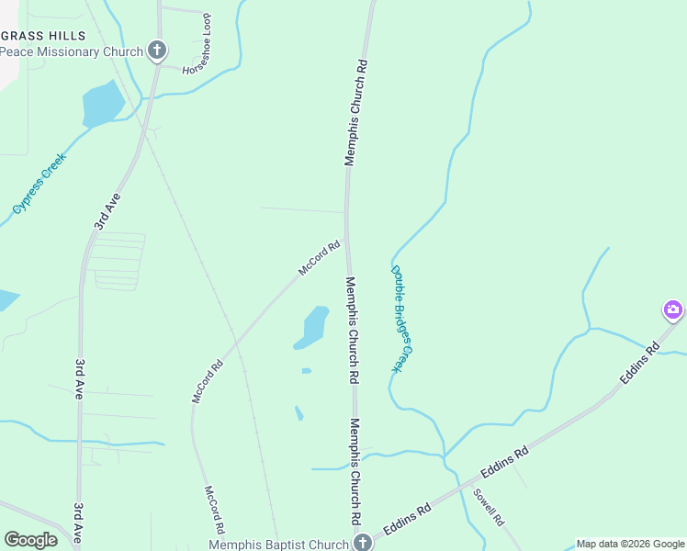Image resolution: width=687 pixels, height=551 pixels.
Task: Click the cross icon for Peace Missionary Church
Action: (x=157, y=50)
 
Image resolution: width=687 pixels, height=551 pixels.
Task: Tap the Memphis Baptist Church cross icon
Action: (x=363, y=542)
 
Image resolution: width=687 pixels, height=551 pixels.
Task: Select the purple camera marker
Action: (x=673, y=309)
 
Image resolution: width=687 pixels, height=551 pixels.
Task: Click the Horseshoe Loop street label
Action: (x=201, y=44)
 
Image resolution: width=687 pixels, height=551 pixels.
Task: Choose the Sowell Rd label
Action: (x=489, y=506)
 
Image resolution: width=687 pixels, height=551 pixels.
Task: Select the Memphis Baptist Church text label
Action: (x=278, y=544)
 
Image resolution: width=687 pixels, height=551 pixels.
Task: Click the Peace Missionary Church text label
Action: (x=72, y=51)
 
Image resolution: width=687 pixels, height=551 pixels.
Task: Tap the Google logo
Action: (x=30, y=540)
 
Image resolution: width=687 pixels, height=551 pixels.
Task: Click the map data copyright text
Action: (x=630, y=544)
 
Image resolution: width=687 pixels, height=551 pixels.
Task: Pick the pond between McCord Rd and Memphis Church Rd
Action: (x=312, y=327)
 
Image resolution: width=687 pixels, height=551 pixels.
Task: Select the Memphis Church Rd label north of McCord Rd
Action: (x=356, y=113)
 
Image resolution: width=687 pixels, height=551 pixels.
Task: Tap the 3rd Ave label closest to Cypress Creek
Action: (x=107, y=210)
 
